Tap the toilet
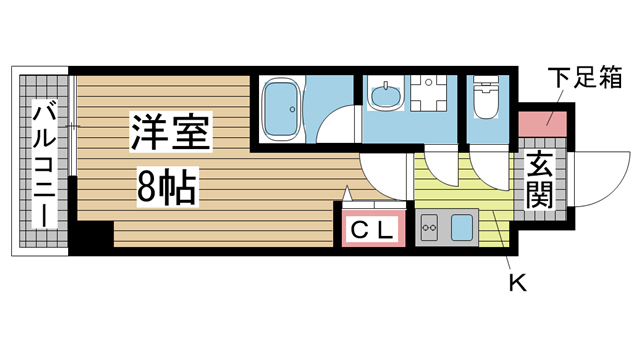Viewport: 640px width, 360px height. coord(487,98)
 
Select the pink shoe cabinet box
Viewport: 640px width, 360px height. coord(542,125)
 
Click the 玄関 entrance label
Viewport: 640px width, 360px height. coord(541,181)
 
